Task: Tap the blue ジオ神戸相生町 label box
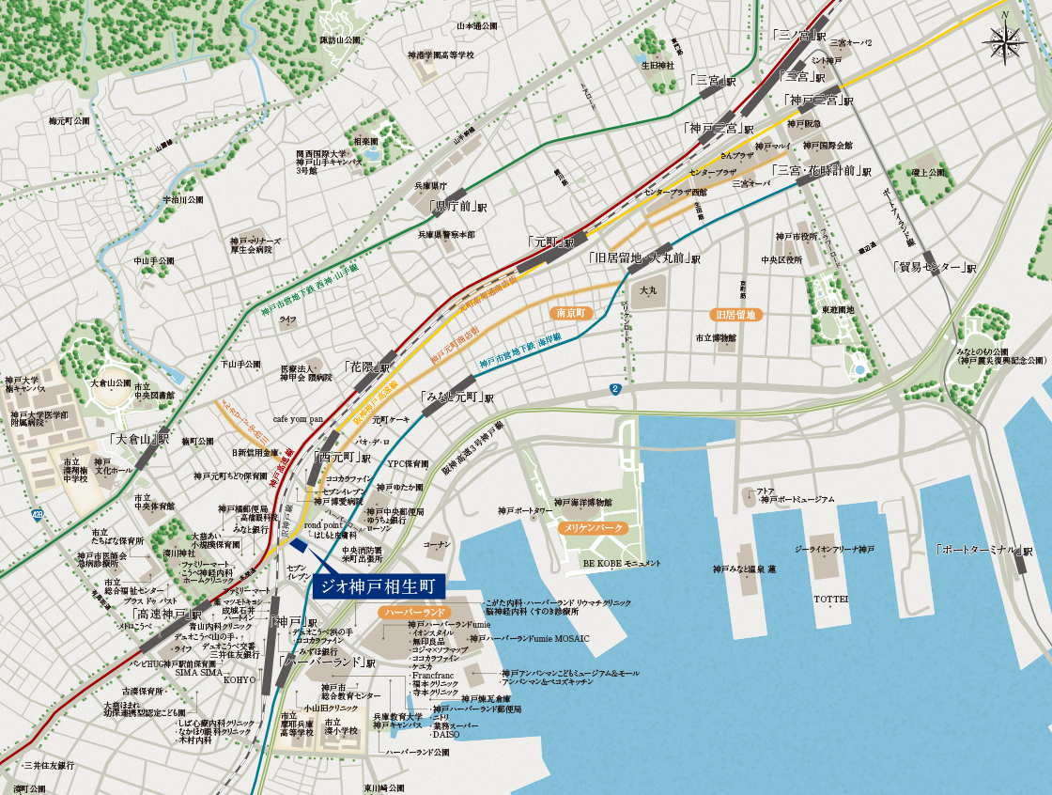point(378,585)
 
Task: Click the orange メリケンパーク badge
point(593,529)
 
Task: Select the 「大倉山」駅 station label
point(139,439)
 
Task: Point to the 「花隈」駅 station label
point(366,366)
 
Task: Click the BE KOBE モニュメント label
point(616,563)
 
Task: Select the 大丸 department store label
point(648,291)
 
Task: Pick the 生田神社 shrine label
point(657,66)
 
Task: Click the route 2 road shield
point(615,388)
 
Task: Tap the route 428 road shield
point(37,514)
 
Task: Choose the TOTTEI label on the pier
point(830,599)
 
